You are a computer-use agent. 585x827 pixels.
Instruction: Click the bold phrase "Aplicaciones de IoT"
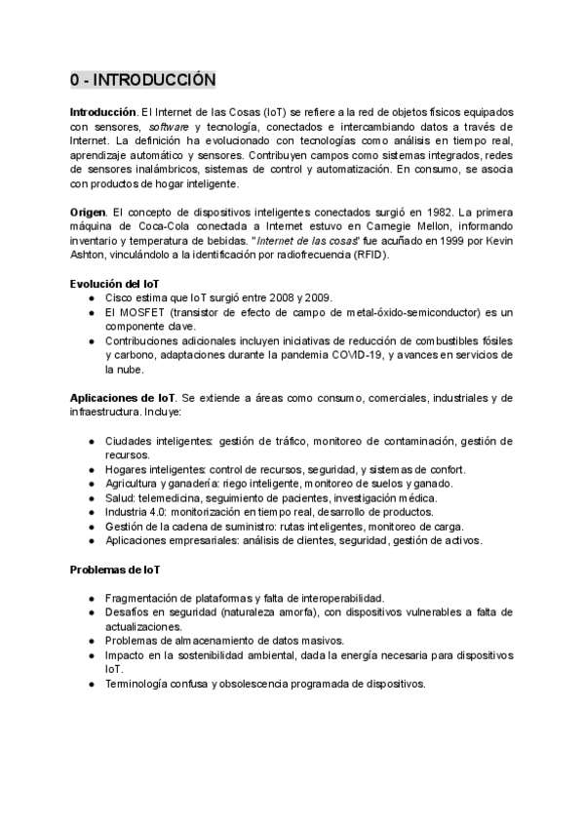pyautogui.click(x=123, y=398)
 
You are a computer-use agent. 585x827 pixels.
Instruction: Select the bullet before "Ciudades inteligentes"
pyautogui.click(x=92, y=442)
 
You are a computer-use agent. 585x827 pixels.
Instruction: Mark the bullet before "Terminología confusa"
pyautogui.click(x=92, y=684)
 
